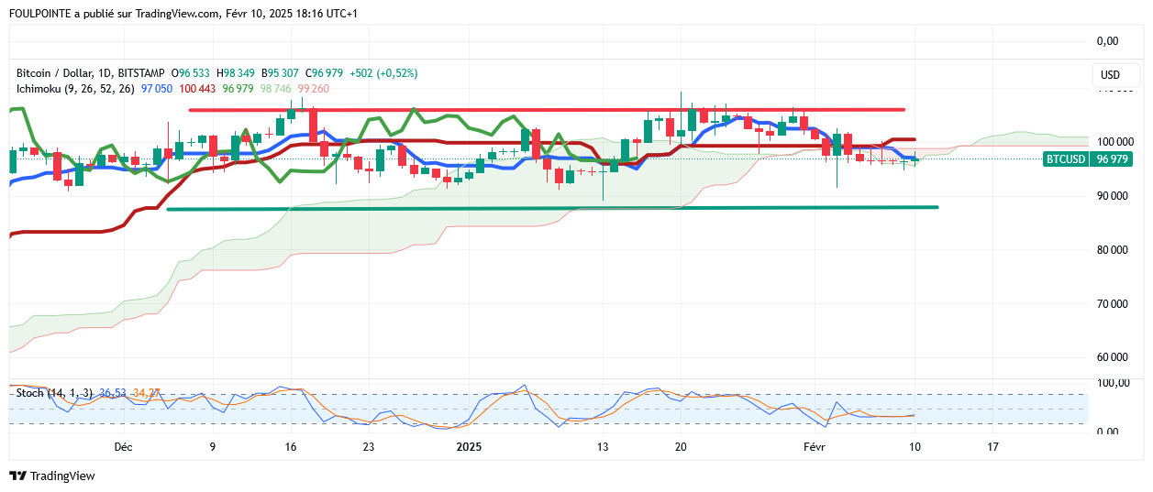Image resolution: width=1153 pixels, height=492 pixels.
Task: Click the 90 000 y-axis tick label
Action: tap(1114, 196)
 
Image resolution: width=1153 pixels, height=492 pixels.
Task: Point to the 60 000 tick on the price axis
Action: tap(1114, 357)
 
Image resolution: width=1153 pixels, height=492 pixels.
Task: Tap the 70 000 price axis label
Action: tap(1114, 303)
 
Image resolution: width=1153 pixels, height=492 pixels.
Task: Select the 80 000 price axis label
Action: tap(1114, 249)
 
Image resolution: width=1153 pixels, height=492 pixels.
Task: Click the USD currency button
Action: tap(1110, 75)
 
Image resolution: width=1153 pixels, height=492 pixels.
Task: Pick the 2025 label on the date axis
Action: tap(469, 447)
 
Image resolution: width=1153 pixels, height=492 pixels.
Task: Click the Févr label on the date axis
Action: tap(815, 447)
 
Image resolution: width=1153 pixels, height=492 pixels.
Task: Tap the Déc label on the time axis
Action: tap(123, 447)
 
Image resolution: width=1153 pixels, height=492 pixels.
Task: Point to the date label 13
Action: tap(603, 447)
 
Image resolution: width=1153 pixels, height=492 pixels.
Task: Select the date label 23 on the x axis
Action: tap(368, 447)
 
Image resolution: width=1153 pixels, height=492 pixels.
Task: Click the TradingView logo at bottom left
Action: tap(52, 476)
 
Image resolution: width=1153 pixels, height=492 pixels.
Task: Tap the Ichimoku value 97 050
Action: tap(157, 89)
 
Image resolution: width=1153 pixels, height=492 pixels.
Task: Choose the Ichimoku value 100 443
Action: tap(197, 89)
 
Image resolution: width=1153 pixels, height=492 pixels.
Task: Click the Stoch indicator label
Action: tap(29, 393)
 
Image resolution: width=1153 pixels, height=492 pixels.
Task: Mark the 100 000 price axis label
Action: tap(1114, 142)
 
